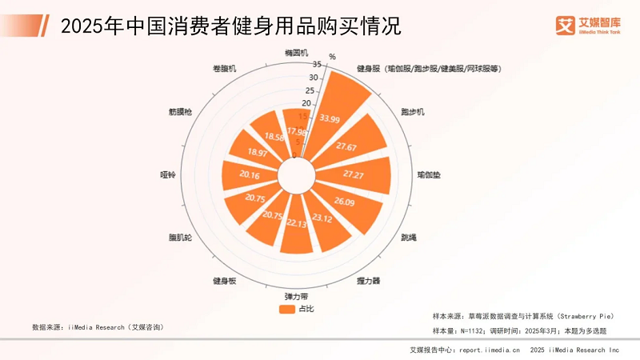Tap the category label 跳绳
[x=408, y=238]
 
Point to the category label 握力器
[x=368, y=281]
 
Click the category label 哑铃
[x=168, y=173]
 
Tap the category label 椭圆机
[x=297, y=53]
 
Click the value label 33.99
[x=329, y=118]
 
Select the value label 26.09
[x=345, y=202]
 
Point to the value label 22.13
[x=296, y=222]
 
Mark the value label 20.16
[x=250, y=174]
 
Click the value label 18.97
[x=258, y=152]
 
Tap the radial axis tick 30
[x=314, y=78]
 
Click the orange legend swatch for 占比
[x=286, y=309]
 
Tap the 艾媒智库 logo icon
[x=566, y=25]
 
